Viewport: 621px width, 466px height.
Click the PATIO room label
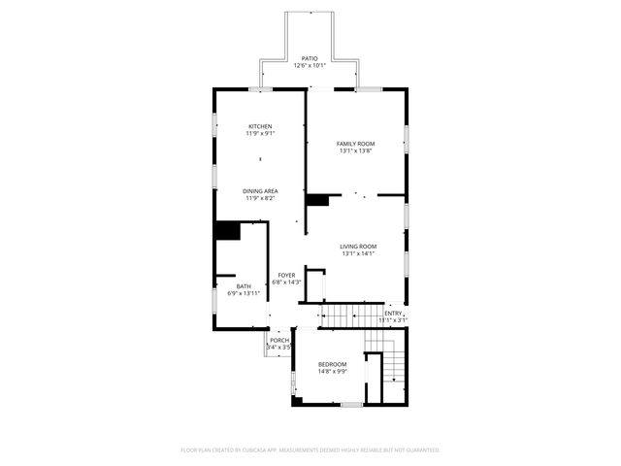pos(310,58)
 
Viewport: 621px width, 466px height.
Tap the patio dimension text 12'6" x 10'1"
pos(310,66)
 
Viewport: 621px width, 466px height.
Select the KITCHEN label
pos(260,126)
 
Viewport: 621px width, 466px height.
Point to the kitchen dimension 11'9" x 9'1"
pos(260,134)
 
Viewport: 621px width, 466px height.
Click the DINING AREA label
pos(260,191)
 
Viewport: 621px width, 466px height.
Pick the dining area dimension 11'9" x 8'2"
pos(260,199)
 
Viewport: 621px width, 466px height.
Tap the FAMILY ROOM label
pos(356,144)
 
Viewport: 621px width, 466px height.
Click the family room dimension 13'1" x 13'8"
pos(356,151)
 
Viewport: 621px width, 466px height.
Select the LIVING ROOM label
pos(358,247)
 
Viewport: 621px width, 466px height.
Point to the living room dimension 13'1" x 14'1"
pos(358,254)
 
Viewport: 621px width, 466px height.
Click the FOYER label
pos(286,275)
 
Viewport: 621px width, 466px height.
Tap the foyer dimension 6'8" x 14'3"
pos(286,283)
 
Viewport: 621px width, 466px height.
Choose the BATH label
pos(244,285)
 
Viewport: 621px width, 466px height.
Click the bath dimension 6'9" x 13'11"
pos(244,293)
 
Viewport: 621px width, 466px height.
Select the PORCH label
pos(279,340)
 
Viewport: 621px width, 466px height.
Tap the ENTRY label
pos(393,313)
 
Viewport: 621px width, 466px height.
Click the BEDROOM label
pos(333,364)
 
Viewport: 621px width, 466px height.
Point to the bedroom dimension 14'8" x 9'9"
pos(333,372)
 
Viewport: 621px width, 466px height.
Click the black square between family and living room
pos(316,200)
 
